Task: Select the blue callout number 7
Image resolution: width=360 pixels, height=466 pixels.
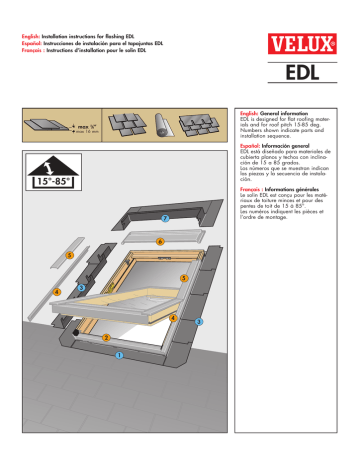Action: (165, 219)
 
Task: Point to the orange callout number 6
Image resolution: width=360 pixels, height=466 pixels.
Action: (159, 241)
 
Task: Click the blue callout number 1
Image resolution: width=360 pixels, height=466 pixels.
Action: (117, 354)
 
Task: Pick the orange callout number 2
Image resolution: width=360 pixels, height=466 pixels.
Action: (105, 337)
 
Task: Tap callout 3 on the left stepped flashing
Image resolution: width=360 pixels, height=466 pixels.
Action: (80, 288)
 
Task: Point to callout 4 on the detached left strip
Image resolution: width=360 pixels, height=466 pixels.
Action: (58, 292)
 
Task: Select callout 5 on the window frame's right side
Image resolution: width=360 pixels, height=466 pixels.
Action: (183, 277)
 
